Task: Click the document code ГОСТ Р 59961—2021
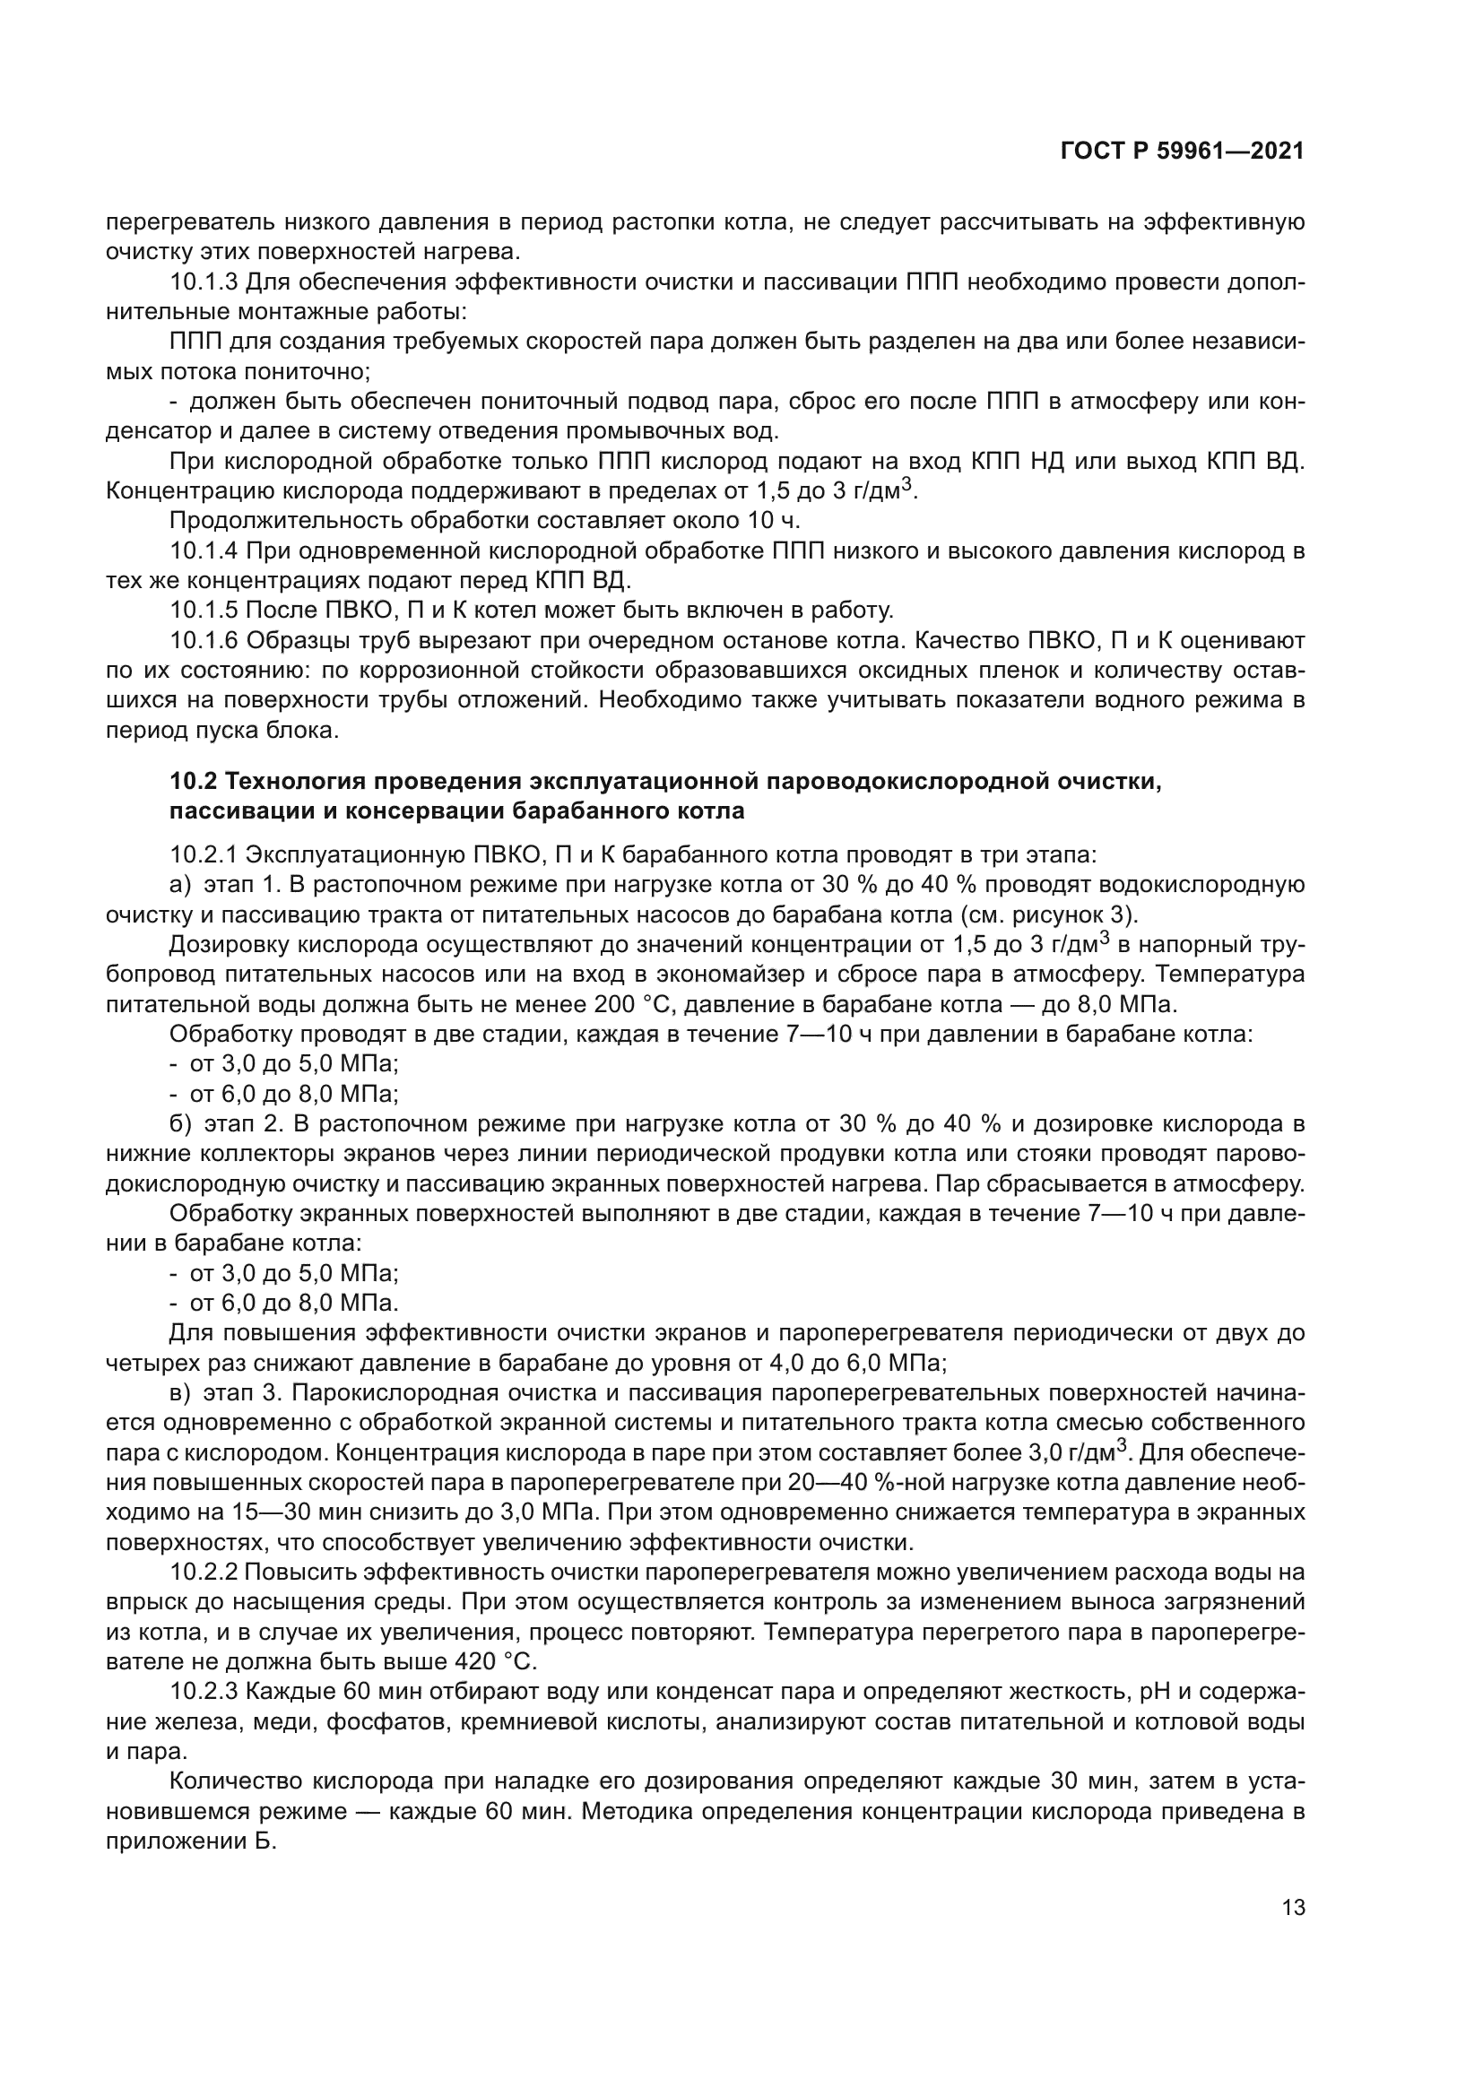(x=1182, y=152)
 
